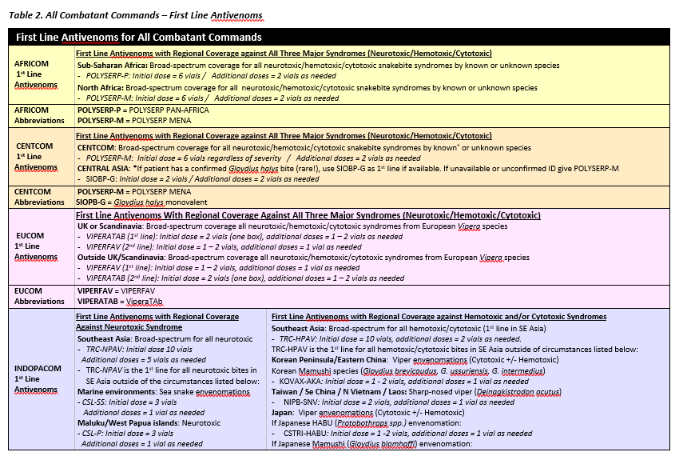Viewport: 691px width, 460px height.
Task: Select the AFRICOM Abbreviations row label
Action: coord(39,114)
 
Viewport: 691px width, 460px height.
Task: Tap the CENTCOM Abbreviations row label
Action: coord(39,198)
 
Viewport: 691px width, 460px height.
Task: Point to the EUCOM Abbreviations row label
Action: coord(39,296)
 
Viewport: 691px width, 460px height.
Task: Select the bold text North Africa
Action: coord(100,87)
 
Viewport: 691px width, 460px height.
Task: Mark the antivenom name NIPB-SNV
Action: coord(302,402)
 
